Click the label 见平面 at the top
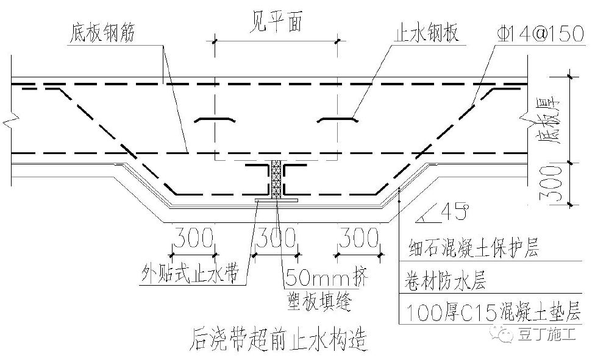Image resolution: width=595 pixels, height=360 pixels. [x=276, y=24]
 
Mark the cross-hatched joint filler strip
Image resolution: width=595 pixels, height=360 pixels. [x=276, y=179]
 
